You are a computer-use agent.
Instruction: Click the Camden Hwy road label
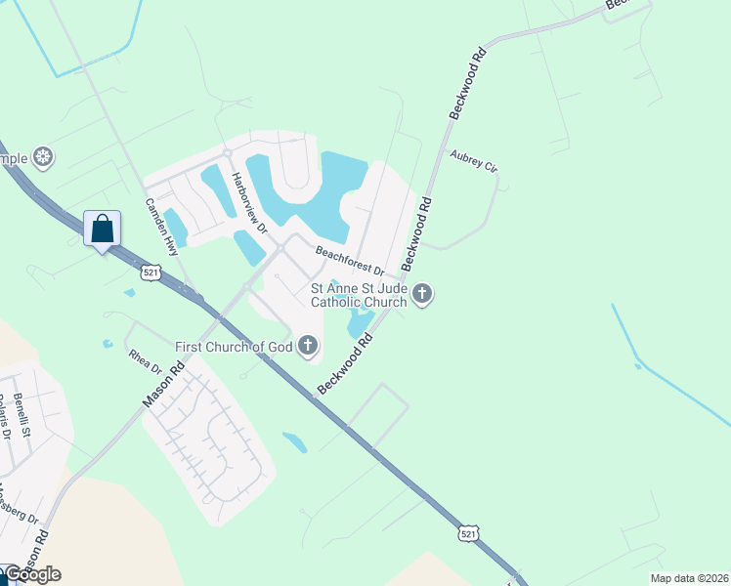[160, 227]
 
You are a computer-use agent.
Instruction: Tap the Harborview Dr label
[248, 203]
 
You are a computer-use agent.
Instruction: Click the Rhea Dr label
[145, 360]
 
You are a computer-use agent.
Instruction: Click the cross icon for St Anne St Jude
[422, 294]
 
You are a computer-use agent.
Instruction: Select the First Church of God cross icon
[308, 345]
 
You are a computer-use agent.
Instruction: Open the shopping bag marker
[102, 230]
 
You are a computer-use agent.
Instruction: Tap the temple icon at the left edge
[42, 156]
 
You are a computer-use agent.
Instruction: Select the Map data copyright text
[689, 577]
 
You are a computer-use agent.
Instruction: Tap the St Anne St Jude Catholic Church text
[359, 295]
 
